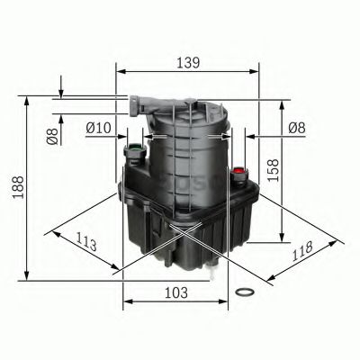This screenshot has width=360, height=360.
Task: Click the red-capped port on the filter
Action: click(x=239, y=170)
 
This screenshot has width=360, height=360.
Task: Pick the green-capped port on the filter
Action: click(x=134, y=147)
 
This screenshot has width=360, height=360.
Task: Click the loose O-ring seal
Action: click(x=243, y=293)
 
